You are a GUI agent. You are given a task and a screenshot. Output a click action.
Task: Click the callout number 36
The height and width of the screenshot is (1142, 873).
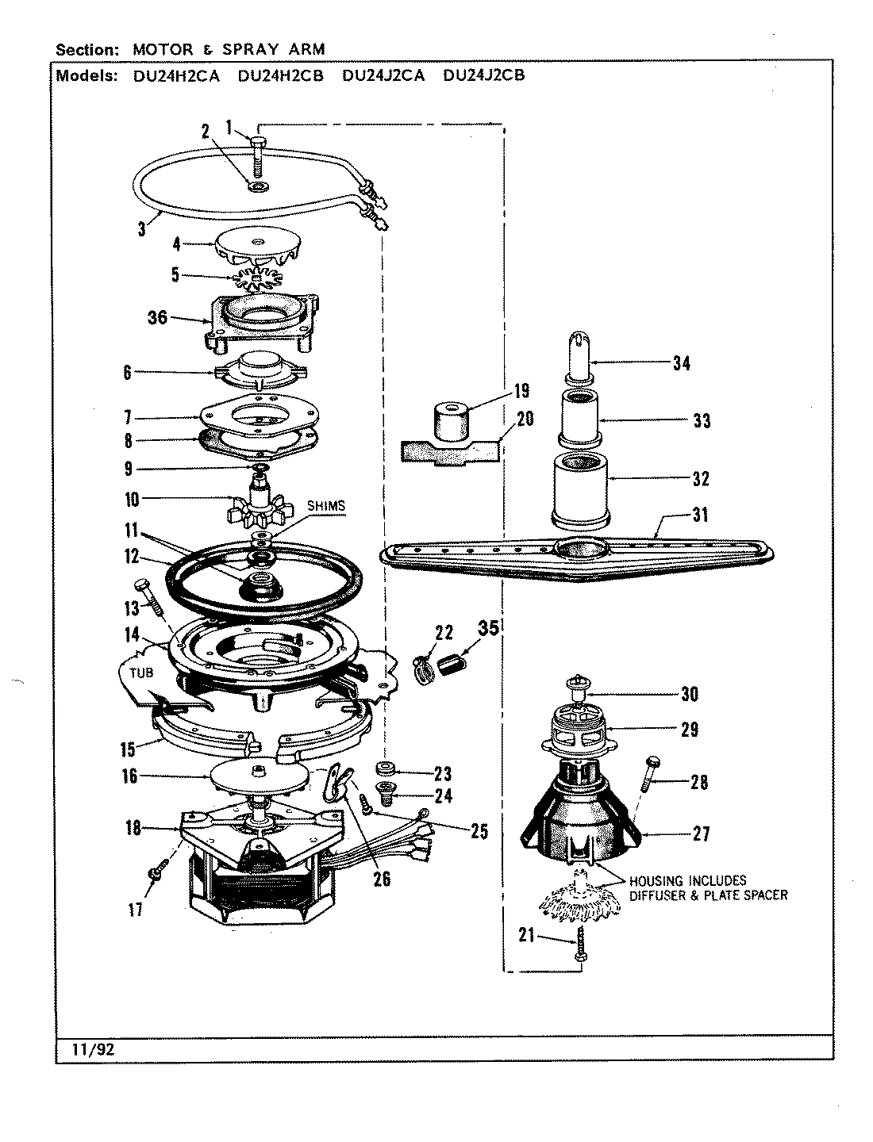157,317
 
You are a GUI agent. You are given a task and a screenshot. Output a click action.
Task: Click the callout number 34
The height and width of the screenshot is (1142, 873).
680,364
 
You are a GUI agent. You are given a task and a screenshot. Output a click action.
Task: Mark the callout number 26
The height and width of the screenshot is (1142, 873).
382,879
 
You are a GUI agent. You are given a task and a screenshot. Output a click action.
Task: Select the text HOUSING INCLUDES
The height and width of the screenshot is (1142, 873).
687,880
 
